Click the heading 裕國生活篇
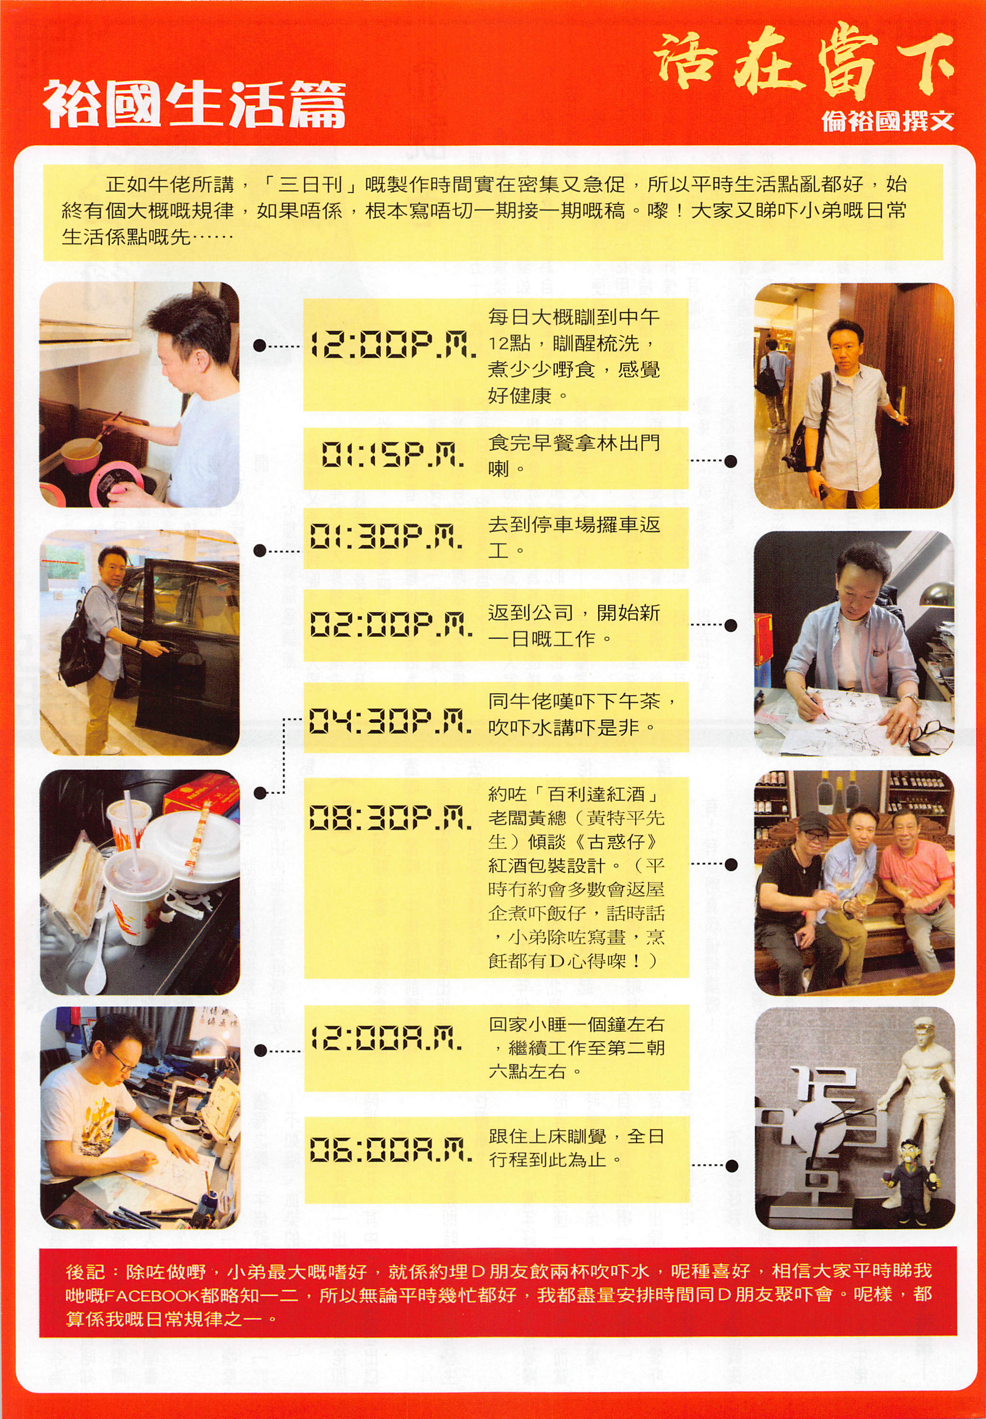194,105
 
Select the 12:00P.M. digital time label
393,345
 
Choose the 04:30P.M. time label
390,720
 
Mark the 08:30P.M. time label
390,818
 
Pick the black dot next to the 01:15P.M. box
731,461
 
